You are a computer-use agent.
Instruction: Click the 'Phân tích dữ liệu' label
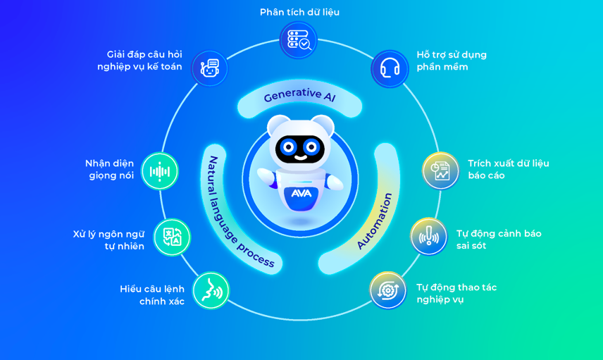(299, 12)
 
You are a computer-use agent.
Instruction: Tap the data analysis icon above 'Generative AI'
(299, 40)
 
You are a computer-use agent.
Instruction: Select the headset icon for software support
(390, 68)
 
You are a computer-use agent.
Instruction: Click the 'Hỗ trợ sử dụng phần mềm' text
(452, 61)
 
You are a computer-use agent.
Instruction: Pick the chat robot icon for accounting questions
(209, 68)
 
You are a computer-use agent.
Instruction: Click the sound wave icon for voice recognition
(160, 171)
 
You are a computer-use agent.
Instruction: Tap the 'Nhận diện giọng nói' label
(110, 169)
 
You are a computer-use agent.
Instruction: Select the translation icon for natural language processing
(172, 237)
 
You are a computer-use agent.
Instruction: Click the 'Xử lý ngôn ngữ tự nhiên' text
(109, 240)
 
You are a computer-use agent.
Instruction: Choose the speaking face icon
(211, 290)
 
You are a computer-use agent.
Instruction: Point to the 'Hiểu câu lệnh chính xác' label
(153, 295)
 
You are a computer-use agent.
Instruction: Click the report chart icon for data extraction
(440, 170)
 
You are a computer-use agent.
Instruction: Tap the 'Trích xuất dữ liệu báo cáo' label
(508, 169)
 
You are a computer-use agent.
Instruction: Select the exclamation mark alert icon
(428, 236)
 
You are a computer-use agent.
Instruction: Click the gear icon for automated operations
(387, 290)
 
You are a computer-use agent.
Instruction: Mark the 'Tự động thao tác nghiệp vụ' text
(456, 293)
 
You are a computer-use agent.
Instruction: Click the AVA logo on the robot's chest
(301, 193)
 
